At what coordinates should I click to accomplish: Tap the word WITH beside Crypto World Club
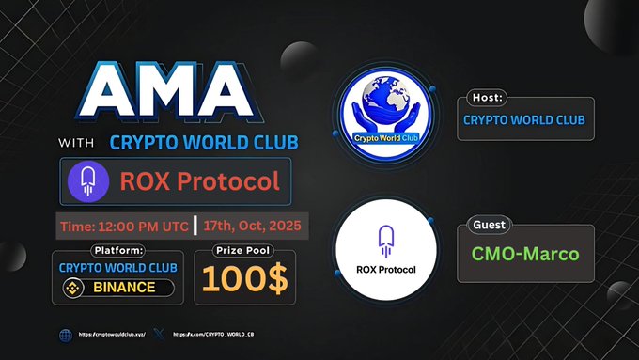pyautogui.click(x=80, y=144)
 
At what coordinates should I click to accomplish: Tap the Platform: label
pyautogui.click(x=118, y=250)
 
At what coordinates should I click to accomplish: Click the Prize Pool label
pyautogui.click(x=243, y=250)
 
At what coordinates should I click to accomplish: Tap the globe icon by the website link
pyautogui.click(x=65, y=334)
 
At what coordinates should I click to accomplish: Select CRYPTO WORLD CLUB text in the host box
pyautogui.click(x=524, y=119)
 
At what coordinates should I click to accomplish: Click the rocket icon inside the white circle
pyautogui.click(x=386, y=239)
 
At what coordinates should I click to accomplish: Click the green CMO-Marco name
pyautogui.click(x=525, y=253)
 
